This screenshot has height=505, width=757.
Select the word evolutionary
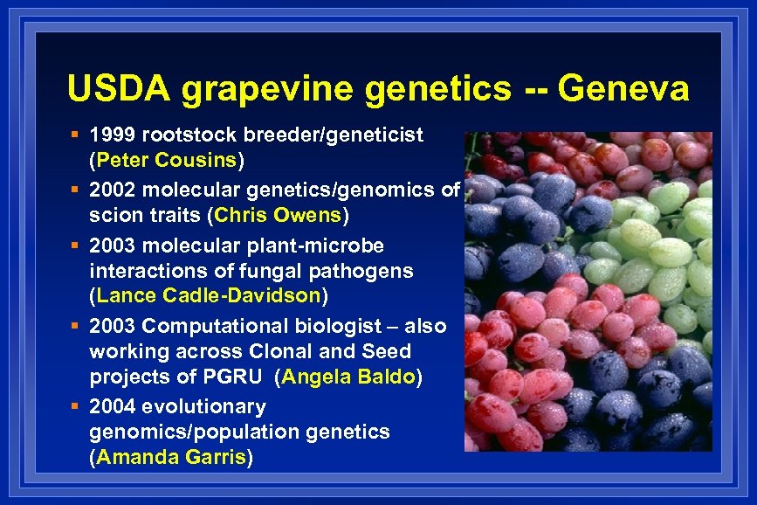coord(204,406)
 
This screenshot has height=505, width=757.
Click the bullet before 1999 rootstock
coord(77,135)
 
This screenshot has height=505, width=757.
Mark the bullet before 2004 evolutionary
coord(77,406)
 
